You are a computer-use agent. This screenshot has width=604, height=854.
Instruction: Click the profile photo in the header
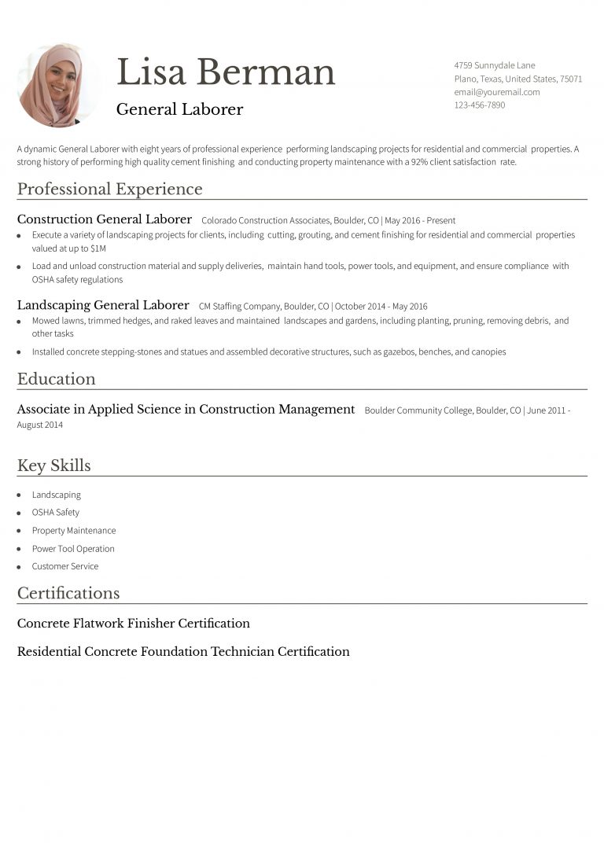pos(58,85)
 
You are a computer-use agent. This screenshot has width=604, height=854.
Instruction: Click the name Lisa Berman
pos(226,72)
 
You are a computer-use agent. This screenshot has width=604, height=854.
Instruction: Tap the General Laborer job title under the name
pos(179,109)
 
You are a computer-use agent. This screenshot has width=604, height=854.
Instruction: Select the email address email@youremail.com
pos(496,92)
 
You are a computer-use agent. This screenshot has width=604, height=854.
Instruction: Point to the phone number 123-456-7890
pos(479,105)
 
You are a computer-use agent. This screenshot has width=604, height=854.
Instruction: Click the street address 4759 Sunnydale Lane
pos(494,65)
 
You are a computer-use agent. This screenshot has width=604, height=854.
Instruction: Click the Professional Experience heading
pos(109,189)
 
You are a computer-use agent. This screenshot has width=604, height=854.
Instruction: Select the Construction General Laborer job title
pos(104,219)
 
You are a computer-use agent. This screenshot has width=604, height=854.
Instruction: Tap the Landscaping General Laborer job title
pos(103,305)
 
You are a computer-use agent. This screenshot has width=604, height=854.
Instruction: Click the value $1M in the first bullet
pos(98,248)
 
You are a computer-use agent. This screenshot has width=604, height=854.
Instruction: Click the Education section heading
pos(56,379)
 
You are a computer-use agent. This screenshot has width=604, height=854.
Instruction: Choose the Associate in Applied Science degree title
pos(186,410)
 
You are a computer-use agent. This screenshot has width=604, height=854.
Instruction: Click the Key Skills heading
pos(53,466)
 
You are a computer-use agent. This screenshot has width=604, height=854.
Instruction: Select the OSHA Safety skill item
pos(55,513)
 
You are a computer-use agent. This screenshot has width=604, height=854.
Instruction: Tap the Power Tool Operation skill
pos(73,549)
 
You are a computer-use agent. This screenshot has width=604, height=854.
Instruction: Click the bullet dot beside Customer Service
pos(19,567)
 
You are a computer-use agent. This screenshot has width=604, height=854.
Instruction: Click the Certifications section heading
pos(68,593)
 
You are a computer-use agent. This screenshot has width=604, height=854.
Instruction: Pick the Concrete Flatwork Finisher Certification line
pos(133,624)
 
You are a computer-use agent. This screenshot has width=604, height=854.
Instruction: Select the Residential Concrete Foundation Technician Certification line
pos(183,652)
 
